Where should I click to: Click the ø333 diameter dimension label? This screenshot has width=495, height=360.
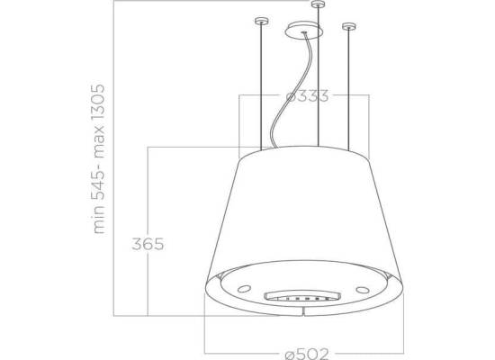pos(307,95)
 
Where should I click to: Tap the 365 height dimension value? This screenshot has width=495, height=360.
pos(148,244)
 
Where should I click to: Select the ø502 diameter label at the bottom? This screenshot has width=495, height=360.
pos(307,354)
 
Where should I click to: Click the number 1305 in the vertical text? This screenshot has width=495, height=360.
pos(97,102)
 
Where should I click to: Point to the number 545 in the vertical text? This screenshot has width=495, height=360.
pos(97,184)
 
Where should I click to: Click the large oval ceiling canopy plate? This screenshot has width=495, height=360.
pos(303,31)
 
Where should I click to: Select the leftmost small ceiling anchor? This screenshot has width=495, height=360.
pos(261,22)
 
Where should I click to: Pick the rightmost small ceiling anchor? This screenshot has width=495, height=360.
pos(349,26)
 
